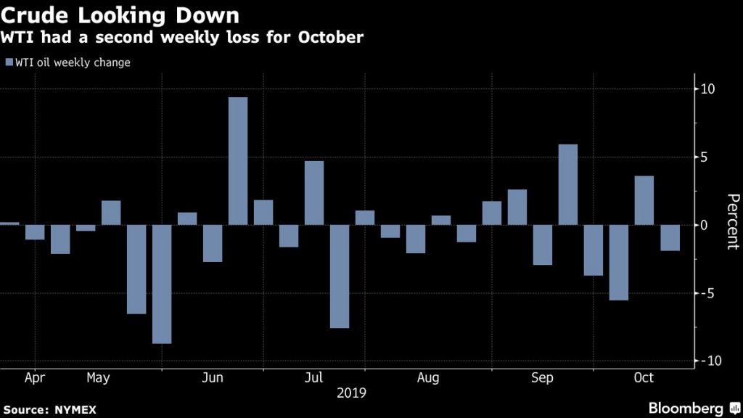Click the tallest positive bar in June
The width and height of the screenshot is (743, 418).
point(238,161)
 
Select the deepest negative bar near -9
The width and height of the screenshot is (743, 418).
point(162,284)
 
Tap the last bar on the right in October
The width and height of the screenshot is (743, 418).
point(670,237)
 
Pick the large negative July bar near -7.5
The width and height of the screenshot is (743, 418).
point(340,276)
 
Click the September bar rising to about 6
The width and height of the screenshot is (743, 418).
point(568,184)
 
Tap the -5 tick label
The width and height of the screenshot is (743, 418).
point(709,293)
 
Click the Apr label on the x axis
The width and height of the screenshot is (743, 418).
point(36,378)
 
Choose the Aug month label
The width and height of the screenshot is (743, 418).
point(428,378)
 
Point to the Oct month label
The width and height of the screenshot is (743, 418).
point(644,378)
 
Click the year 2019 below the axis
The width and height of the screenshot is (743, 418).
point(352,393)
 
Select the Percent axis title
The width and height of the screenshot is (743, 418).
point(733,222)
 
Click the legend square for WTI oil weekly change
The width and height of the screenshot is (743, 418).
point(9,62)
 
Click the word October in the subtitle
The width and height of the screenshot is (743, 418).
point(329,36)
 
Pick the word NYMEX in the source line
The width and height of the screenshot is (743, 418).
point(76,409)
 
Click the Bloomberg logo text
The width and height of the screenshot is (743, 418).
point(686,408)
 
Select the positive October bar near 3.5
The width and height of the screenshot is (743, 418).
point(644,200)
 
